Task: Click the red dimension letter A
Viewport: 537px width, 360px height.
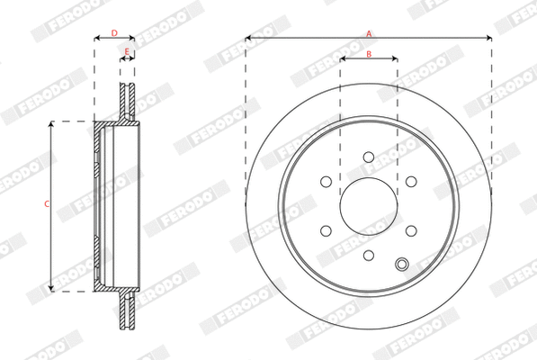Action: click(368, 33)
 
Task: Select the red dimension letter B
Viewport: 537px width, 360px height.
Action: click(369, 54)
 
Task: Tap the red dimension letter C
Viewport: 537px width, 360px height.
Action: click(47, 204)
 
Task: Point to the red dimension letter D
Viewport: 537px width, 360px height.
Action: click(113, 33)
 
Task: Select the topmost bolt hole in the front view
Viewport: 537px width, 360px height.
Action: click(369, 157)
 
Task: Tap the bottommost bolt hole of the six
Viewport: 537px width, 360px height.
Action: click(369, 255)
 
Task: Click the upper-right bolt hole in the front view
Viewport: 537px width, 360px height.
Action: click(411, 182)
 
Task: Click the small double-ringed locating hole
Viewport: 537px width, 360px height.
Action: click(402, 264)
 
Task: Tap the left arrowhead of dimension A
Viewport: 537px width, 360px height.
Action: click(248, 38)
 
